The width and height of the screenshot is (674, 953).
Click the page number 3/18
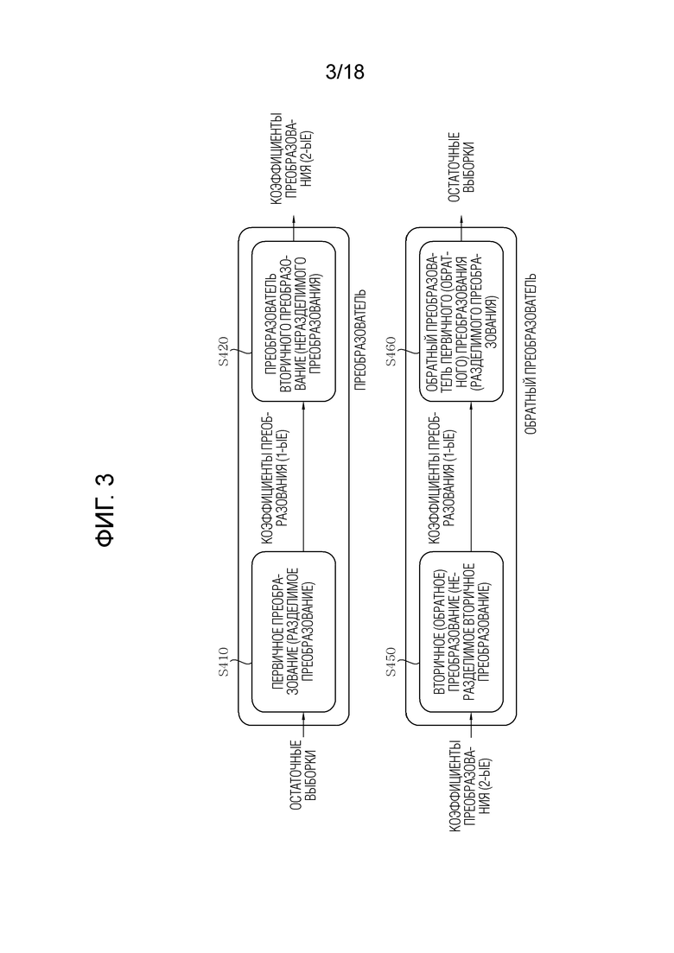[x=345, y=73]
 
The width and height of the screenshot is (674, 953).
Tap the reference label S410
[x=224, y=663]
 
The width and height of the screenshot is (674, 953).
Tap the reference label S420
[x=224, y=351]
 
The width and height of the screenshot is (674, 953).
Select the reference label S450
[x=391, y=663]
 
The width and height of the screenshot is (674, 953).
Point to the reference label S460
[x=391, y=351]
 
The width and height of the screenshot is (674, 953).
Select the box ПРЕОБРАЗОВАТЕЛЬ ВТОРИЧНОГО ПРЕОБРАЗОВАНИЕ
[x=294, y=321]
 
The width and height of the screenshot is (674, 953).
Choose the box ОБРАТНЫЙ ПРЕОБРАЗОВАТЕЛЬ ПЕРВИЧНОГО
[x=461, y=321]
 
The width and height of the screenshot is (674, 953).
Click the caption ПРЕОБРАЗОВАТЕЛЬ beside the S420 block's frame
[x=360, y=340]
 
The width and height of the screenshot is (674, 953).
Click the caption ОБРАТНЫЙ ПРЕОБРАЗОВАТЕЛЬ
[x=530, y=353]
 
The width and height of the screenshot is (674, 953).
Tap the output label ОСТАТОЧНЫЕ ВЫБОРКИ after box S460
[x=461, y=163]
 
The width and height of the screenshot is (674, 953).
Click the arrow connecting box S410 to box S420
[x=302, y=477]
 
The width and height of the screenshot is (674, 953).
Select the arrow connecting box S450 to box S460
[x=470, y=477]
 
